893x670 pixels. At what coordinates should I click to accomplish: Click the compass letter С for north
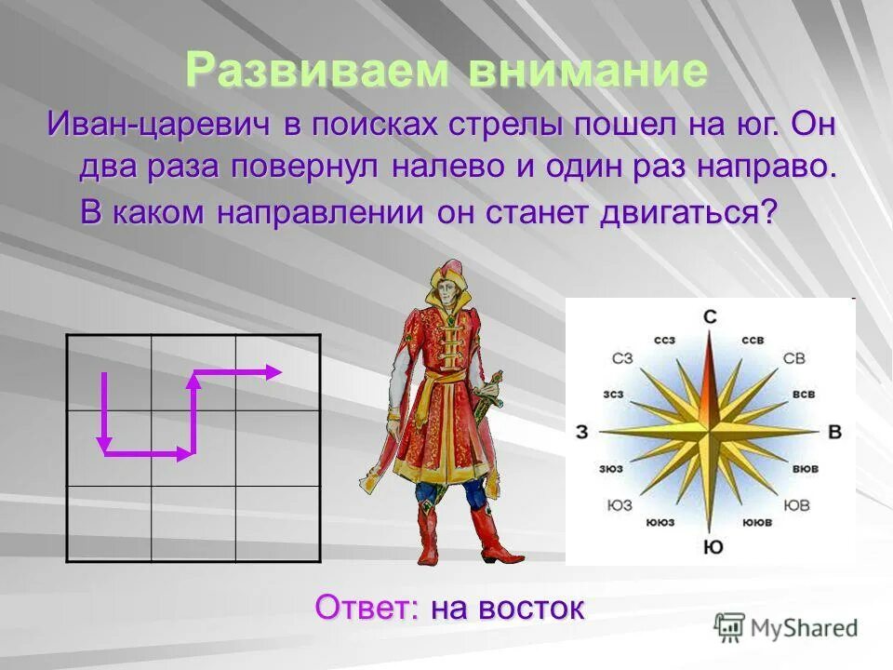pos(710,317)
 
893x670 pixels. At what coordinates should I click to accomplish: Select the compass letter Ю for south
pos(713,547)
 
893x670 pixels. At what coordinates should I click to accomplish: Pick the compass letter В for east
pos(834,432)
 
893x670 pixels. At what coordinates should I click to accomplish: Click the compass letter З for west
pos(582,432)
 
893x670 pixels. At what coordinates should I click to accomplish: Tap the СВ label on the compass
pos(793,358)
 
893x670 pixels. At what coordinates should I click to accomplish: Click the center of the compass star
pos(710,432)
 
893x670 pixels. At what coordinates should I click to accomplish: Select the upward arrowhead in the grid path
pos(194,378)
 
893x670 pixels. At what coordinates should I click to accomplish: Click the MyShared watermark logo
pos(786,627)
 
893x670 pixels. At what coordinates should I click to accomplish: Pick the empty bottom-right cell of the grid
pos(278,524)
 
